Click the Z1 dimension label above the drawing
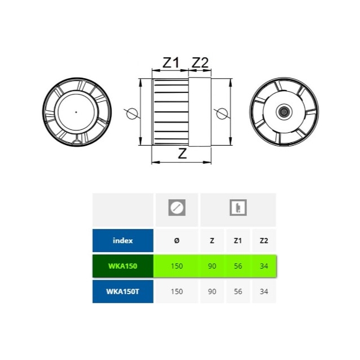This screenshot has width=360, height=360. [170, 62]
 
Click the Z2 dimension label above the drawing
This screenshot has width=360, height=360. [200, 62]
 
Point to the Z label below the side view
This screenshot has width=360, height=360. [182, 154]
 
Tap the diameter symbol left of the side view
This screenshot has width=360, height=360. [132, 114]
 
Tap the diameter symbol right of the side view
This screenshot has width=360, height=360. [222, 114]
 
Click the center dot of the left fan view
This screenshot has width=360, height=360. [76, 112]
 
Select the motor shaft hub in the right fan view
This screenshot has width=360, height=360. [284, 112]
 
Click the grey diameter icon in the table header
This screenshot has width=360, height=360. [177, 208]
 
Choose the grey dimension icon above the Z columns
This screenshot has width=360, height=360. [238, 208]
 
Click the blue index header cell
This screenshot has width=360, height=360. [123, 240]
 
